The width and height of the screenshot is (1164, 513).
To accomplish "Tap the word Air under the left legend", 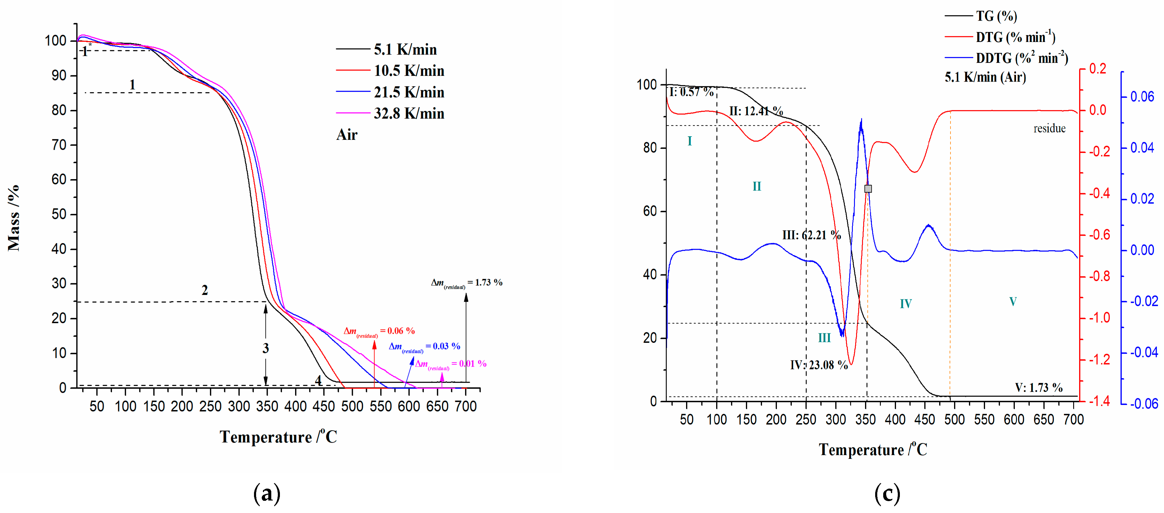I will coord(347,134).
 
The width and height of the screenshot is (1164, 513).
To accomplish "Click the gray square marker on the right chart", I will coord(868,189).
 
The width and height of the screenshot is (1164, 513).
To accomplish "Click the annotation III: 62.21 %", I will coord(811,235).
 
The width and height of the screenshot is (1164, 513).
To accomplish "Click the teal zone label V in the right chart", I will coord(1013,302).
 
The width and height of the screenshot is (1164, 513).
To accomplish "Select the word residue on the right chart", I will coord(1049,129).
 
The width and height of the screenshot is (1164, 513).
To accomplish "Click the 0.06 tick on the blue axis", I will coord(1142,97).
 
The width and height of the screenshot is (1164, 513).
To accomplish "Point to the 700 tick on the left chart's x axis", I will coord(465,406).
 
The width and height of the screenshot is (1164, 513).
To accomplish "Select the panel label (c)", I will coord(887,494).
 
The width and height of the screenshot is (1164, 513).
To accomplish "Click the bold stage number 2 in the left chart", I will coord(205,290).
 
